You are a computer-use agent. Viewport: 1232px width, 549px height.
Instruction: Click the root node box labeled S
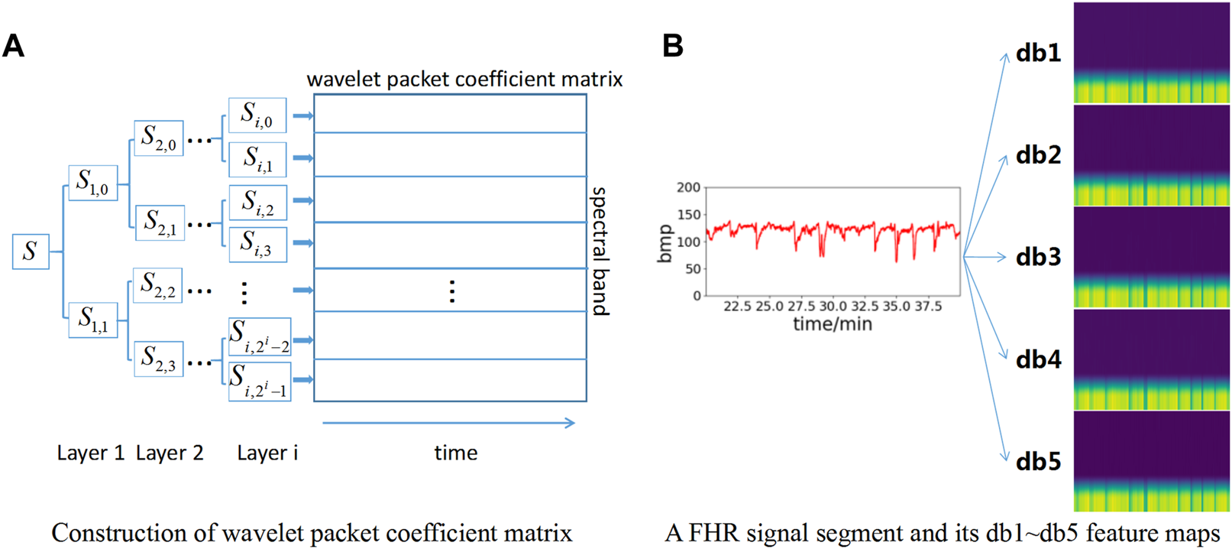[x=31, y=252]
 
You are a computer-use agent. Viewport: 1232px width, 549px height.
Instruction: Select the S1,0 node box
[x=92, y=183]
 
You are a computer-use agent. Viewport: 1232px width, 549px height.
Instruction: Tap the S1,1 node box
[x=92, y=320]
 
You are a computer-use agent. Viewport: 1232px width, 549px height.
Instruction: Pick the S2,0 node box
[x=158, y=138]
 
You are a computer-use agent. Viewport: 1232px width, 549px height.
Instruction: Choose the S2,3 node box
[x=159, y=359]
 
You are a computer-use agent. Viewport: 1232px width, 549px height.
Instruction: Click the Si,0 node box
[x=257, y=115]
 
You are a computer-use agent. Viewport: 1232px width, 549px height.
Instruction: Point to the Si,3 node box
[x=257, y=244]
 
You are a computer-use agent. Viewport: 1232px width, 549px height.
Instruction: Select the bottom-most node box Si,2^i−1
[x=260, y=381]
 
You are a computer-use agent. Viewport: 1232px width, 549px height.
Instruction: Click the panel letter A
[x=13, y=47]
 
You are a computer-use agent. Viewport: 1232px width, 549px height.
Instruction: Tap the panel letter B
[x=672, y=47]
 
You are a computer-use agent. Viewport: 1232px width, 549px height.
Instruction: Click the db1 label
[x=1038, y=53]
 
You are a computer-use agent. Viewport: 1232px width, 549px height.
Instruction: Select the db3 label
[x=1038, y=257]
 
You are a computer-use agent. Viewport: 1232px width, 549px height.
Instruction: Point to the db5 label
[x=1038, y=462]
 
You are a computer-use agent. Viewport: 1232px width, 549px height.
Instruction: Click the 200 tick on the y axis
[x=687, y=187]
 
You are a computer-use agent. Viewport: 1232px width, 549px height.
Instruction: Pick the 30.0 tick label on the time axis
[x=833, y=307]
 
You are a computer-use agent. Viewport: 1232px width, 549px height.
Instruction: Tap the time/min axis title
[x=832, y=324]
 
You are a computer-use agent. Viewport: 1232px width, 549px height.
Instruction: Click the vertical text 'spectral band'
[x=600, y=251]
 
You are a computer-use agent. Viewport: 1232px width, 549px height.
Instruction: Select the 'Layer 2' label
[x=170, y=453]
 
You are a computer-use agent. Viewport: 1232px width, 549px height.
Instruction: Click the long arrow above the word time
[x=448, y=423]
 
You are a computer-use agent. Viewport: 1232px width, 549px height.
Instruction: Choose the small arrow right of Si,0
[x=302, y=116]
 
